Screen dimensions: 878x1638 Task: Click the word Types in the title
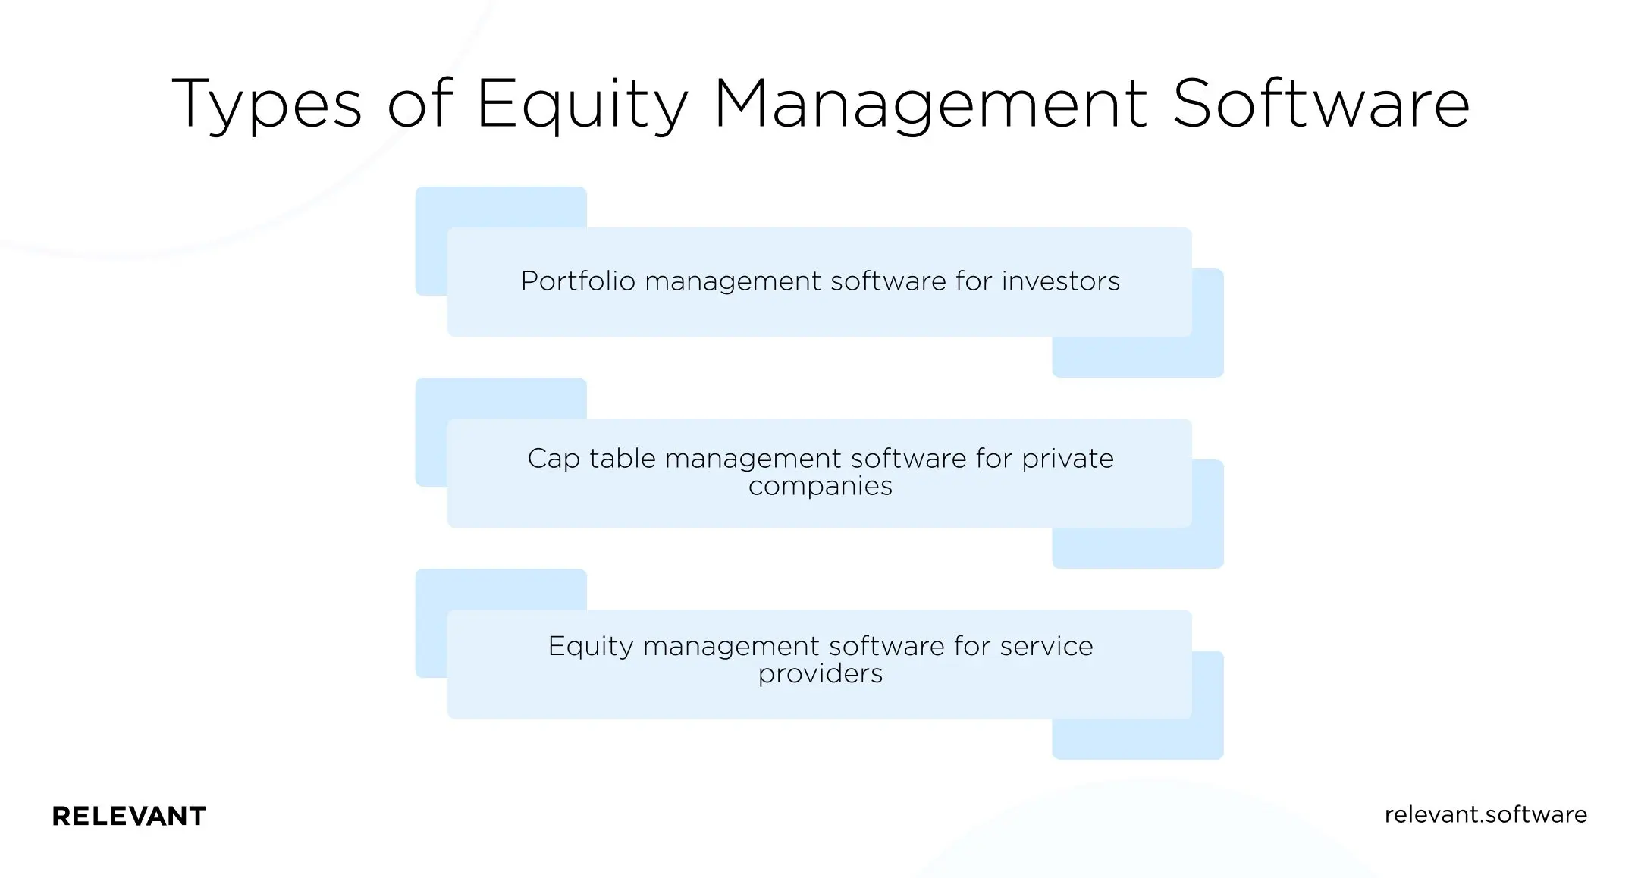click(267, 105)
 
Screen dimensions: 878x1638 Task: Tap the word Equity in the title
click(582, 105)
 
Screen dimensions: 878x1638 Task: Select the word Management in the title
click(931, 105)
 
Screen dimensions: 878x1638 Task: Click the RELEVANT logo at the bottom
click(129, 816)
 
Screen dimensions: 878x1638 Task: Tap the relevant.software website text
click(1485, 814)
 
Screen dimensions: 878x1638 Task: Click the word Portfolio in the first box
click(578, 281)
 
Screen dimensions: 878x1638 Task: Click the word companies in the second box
click(820, 486)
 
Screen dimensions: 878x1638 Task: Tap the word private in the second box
click(1067, 459)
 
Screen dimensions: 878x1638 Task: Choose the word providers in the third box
click(820, 674)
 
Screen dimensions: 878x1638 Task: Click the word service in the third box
click(1046, 646)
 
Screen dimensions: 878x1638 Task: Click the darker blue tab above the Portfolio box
click(500, 207)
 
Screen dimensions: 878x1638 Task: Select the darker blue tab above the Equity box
click(500, 589)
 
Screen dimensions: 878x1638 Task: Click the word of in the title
click(419, 105)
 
